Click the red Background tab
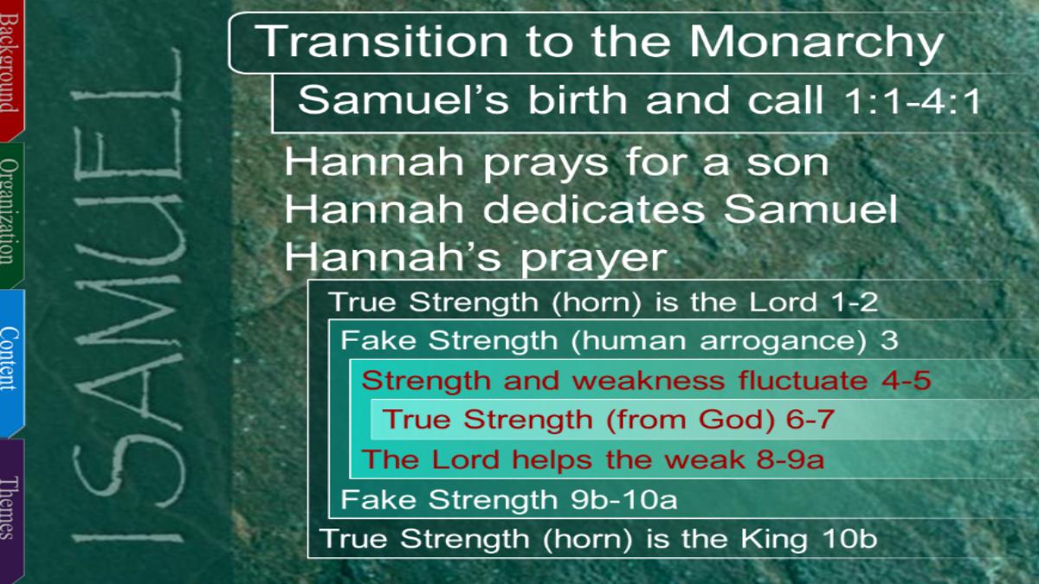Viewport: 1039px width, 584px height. click(x=11, y=69)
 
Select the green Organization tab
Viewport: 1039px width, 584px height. click(x=11, y=213)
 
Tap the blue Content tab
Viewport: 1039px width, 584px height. click(x=11, y=362)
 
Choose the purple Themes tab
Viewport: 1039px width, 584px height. click(x=11, y=510)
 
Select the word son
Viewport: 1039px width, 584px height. click(x=788, y=164)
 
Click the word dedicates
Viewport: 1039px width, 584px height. click(x=594, y=209)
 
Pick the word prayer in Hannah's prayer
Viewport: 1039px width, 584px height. click(x=594, y=260)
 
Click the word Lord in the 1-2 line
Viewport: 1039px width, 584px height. click(x=783, y=302)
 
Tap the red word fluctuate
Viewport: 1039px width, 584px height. click(x=803, y=380)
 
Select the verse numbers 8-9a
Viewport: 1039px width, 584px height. click(x=791, y=459)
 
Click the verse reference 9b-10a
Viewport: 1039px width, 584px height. click(x=624, y=500)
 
